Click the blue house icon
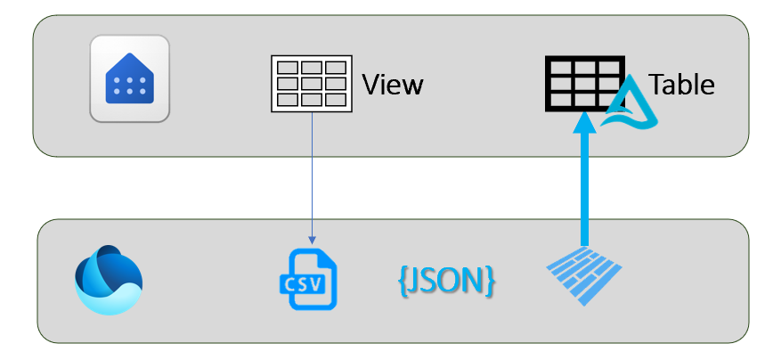(x=130, y=78)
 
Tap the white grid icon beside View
(x=311, y=85)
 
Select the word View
(x=392, y=86)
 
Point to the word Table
(x=682, y=85)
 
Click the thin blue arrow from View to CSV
(x=312, y=178)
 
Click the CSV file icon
(x=309, y=279)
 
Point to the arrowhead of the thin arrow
(x=312, y=240)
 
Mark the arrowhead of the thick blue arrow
(x=584, y=123)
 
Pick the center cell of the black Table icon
(x=584, y=84)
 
